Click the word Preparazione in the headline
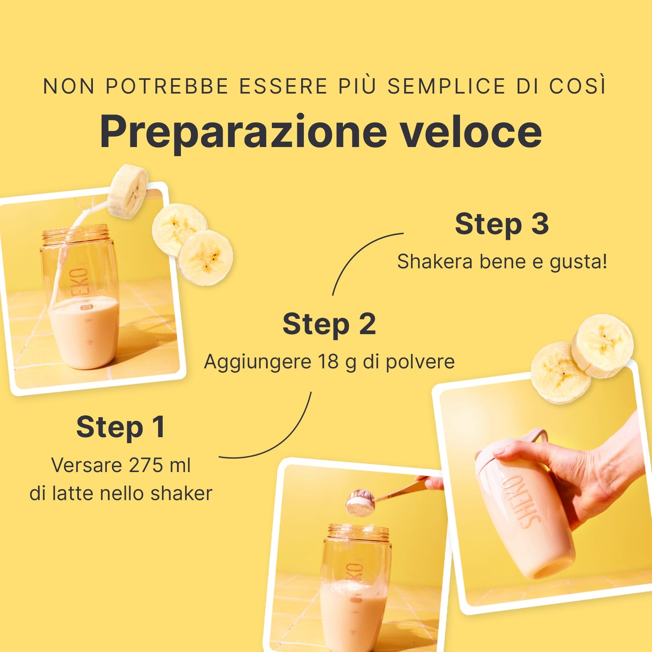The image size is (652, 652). pyautogui.click(x=243, y=133)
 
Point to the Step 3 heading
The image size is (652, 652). pyautogui.click(x=502, y=224)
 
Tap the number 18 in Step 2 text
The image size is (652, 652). pyautogui.click(x=328, y=361)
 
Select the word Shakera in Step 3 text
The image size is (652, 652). pyautogui.click(x=435, y=262)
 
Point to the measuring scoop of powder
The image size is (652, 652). pyautogui.click(x=361, y=504)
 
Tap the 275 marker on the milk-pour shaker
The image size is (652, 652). pyautogui.click(x=87, y=307)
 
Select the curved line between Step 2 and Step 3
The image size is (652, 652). pyautogui.click(x=355, y=252)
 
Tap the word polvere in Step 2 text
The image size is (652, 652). pyautogui.click(x=420, y=362)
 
